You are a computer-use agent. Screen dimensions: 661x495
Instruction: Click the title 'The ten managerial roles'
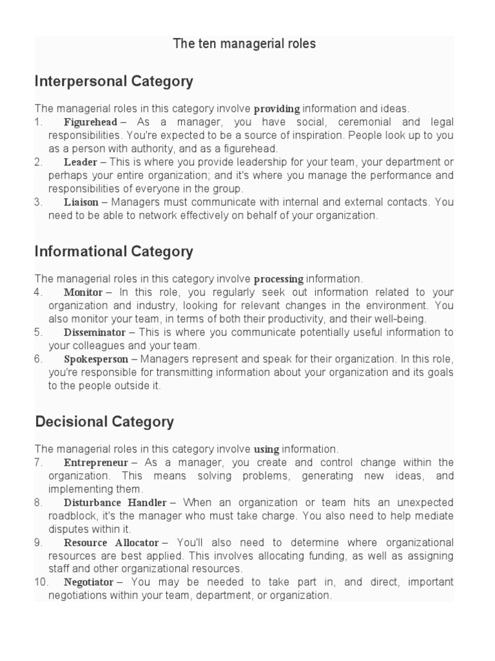click(x=244, y=44)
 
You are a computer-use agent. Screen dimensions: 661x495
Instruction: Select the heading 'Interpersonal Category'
click(x=114, y=81)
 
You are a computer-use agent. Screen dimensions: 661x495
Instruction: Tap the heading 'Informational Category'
click(x=114, y=251)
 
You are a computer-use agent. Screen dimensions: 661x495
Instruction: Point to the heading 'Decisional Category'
click(x=104, y=422)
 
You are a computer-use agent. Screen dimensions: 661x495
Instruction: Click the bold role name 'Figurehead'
click(x=90, y=122)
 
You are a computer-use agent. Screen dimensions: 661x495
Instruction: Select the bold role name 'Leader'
click(x=81, y=162)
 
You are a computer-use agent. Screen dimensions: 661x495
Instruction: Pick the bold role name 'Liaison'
click(x=81, y=202)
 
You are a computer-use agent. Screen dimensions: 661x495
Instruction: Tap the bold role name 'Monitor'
click(x=83, y=292)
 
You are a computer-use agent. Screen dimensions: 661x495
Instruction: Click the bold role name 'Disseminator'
click(x=95, y=332)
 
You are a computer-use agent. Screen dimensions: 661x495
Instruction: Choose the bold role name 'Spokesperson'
click(x=96, y=359)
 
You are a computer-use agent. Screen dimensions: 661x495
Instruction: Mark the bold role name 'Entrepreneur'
click(x=96, y=463)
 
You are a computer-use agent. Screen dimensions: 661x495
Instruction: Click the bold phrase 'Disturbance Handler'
click(x=115, y=502)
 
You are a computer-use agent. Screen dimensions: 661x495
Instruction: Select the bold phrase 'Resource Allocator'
click(x=111, y=542)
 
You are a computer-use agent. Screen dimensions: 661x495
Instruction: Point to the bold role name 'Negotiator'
click(x=89, y=582)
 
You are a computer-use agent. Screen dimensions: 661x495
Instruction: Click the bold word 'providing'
click(x=277, y=109)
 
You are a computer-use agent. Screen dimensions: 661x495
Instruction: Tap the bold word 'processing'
click(x=278, y=279)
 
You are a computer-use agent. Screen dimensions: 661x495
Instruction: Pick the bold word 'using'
click(x=267, y=449)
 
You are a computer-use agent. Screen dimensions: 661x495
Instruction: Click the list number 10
click(x=41, y=582)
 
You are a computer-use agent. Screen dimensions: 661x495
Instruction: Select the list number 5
click(x=39, y=332)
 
